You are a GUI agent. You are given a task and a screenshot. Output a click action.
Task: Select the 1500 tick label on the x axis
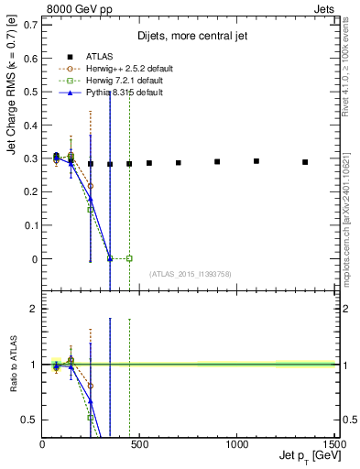click(x=333, y=443)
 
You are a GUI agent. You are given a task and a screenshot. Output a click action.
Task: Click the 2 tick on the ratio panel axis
click(x=33, y=310)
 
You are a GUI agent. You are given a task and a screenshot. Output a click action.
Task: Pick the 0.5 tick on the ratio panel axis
click(x=29, y=420)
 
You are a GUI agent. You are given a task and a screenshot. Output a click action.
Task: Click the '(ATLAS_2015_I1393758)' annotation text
click(x=190, y=274)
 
